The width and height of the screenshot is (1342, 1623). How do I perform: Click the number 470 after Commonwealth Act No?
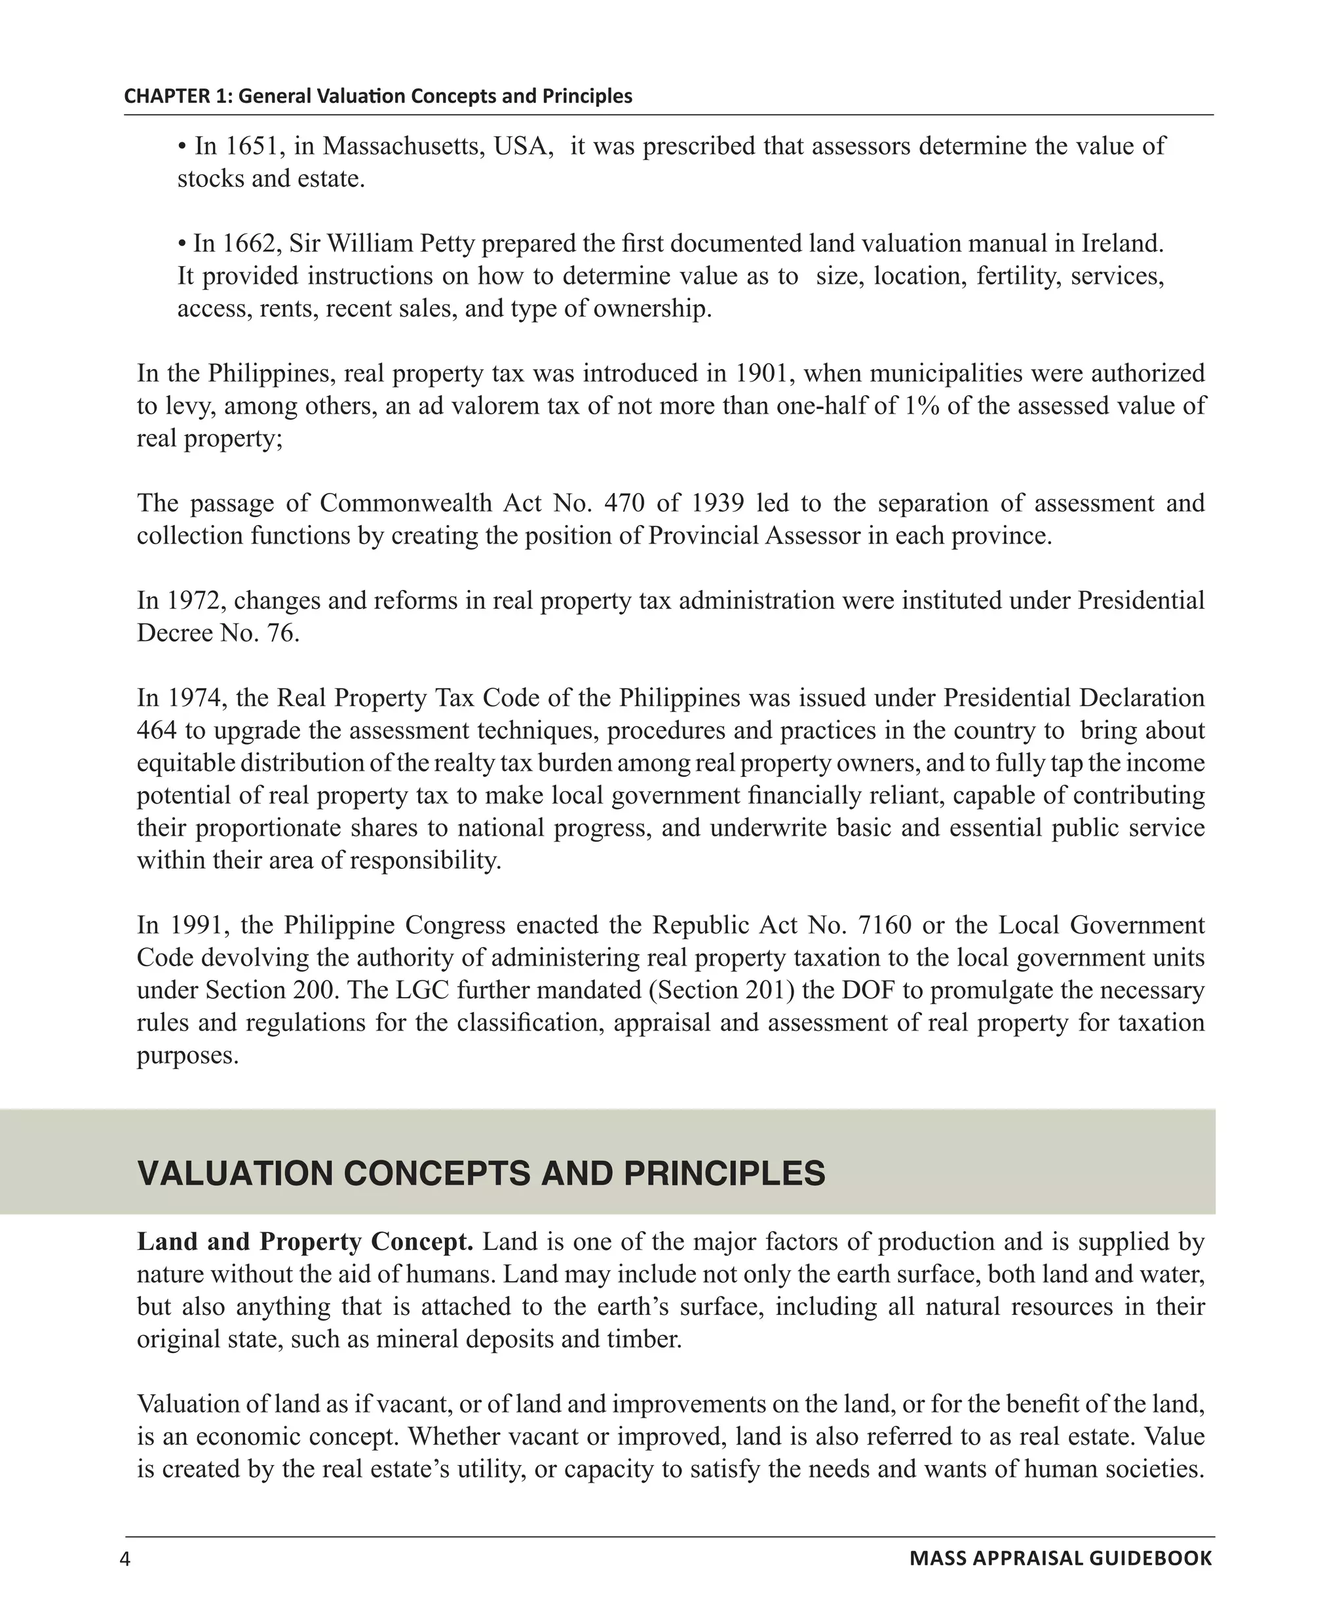click(624, 503)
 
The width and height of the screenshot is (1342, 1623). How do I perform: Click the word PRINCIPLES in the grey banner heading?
click(724, 1173)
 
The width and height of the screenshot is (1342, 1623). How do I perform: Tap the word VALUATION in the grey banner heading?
click(235, 1173)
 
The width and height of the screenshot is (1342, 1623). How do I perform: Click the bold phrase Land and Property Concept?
click(305, 1242)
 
